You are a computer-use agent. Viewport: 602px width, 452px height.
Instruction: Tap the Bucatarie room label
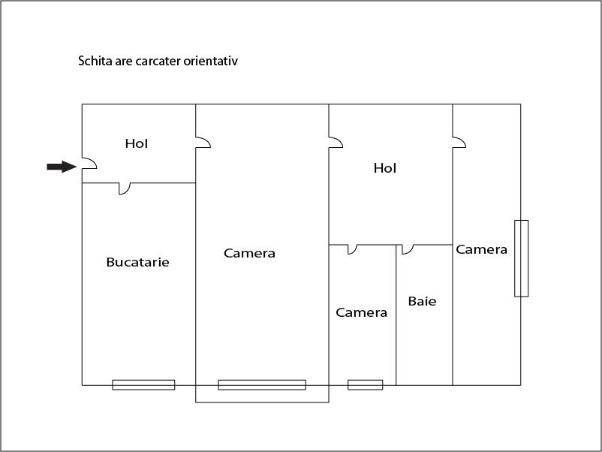click(137, 262)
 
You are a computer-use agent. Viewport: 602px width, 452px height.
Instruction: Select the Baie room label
click(422, 301)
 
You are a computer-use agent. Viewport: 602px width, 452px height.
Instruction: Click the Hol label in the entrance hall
click(137, 143)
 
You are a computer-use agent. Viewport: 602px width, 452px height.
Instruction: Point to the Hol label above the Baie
click(384, 168)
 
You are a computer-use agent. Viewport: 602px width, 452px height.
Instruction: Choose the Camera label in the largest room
click(249, 253)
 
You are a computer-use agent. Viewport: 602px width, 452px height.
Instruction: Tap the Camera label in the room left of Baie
click(361, 312)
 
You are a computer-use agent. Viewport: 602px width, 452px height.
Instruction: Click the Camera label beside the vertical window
click(481, 249)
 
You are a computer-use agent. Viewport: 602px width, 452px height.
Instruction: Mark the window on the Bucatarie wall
click(143, 384)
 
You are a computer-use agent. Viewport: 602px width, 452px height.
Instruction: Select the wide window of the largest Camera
click(262, 384)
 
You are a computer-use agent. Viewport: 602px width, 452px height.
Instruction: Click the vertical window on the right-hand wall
click(521, 258)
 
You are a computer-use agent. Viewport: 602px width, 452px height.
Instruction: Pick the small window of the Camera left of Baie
click(365, 384)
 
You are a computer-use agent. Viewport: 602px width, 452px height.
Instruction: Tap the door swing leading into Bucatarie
click(125, 188)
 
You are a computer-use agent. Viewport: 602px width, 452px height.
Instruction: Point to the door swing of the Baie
click(407, 249)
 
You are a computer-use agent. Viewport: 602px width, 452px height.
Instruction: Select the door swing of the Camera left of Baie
click(351, 249)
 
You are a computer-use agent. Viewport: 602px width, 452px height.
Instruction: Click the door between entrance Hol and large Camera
click(203, 142)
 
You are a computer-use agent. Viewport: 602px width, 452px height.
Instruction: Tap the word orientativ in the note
click(212, 61)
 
